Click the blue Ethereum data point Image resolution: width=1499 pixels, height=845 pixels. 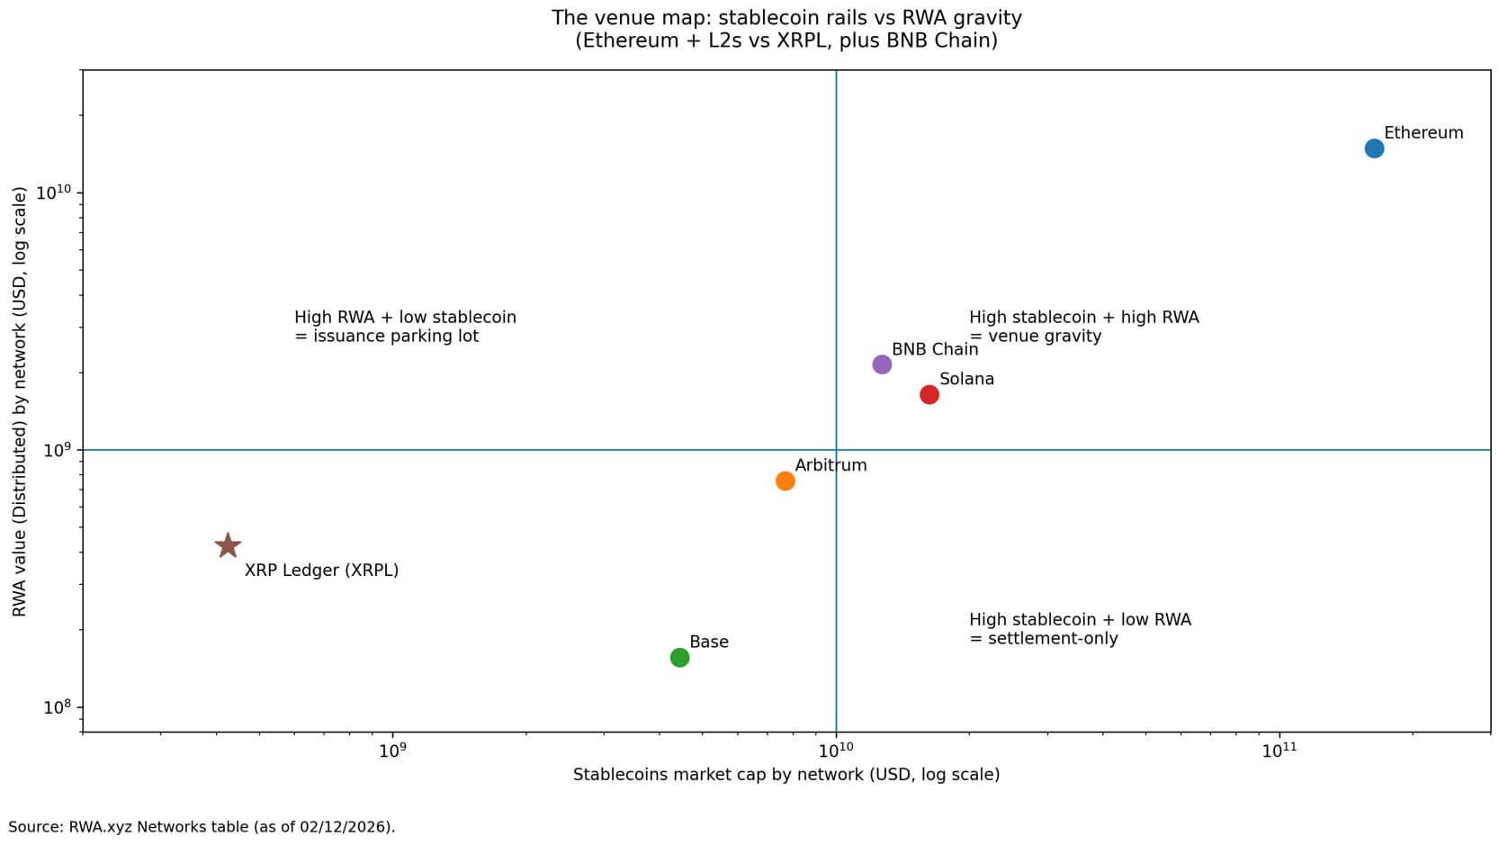pos(1373,148)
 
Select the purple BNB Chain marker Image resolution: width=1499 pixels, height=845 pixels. pos(882,364)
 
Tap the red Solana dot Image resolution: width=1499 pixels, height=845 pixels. pos(929,394)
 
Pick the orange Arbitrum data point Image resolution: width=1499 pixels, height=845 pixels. pos(785,481)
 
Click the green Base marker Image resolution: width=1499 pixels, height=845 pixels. pos(679,658)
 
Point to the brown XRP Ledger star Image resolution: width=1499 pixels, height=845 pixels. pos(228,545)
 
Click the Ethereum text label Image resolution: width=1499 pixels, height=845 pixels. pos(1423,133)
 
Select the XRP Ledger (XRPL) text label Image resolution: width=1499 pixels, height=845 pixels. pos(321,571)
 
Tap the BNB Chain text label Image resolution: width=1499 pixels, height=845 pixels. pos(934,349)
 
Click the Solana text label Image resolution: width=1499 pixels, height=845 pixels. pos(966,379)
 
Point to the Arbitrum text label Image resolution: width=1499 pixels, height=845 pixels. pos(830,465)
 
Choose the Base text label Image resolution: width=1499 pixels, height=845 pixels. pos(708,642)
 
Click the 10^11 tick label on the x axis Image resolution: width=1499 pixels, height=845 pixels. pos(1278,751)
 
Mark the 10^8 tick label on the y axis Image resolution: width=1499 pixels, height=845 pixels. pos(58,707)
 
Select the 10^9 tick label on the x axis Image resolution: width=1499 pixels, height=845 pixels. pos(392,751)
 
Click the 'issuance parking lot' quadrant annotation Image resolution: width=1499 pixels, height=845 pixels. pos(405,327)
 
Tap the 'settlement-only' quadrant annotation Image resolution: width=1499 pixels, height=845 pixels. pos(1080,629)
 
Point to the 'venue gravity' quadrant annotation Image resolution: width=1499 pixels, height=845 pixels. pos(1083,327)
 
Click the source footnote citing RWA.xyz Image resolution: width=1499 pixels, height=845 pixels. pos(202,826)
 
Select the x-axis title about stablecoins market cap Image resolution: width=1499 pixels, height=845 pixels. pos(785,775)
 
